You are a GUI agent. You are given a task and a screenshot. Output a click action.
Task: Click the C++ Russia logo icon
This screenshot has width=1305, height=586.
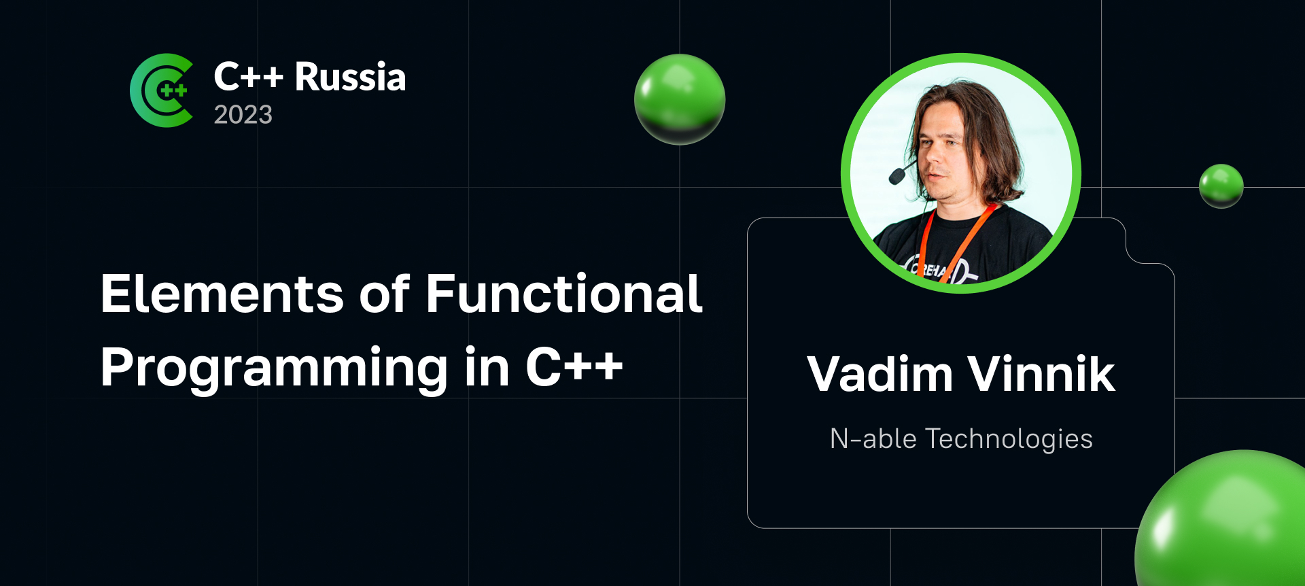(162, 90)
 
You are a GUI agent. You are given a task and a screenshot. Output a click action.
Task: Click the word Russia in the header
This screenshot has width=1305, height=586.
(350, 77)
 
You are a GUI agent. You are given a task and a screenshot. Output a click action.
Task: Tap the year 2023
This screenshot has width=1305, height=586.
(243, 115)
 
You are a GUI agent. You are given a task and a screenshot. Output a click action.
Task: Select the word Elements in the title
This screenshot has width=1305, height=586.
(222, 294)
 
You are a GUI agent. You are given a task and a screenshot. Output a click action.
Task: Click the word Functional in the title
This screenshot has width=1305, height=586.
(564, 294)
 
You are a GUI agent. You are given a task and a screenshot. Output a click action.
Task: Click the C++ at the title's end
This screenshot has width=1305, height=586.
(574, 367)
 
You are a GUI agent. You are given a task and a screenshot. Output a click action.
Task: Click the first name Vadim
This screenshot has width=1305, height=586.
(880, 374)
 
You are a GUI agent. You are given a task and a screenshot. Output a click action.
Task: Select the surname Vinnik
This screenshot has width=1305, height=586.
(1041, 374)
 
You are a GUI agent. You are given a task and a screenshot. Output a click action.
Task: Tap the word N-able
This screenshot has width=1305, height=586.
(873, 439)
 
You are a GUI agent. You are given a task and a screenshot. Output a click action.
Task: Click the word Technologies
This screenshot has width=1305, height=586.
(1009, 440)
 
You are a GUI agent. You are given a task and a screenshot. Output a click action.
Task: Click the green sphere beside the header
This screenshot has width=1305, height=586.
(680, 99)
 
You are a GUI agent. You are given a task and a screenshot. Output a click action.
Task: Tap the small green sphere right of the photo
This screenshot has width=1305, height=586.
(1221, 186)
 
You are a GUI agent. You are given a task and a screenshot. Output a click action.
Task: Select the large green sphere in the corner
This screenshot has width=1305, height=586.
(1223, 520)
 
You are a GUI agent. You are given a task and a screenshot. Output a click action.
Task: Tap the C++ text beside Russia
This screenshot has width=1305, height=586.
(248, 77)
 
